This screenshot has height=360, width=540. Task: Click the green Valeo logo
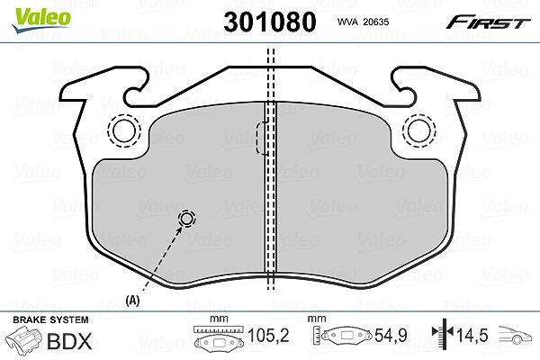(x=40, y=20)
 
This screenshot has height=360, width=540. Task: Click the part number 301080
(x=270, y=22)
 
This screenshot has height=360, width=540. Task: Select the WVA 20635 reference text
(x=363, y=22)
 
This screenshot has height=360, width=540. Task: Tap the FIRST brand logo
(x=488, y=22)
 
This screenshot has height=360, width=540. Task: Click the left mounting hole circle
(x=124, y=130)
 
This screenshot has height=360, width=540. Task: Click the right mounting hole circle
(x=418, y=130)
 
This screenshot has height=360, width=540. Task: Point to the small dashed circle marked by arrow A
(x=187, y=219)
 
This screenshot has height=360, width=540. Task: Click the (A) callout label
(x=132, y=301)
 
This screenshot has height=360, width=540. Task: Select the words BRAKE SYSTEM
(x=50, y=319)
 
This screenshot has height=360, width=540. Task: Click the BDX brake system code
(x=69, y=341)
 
